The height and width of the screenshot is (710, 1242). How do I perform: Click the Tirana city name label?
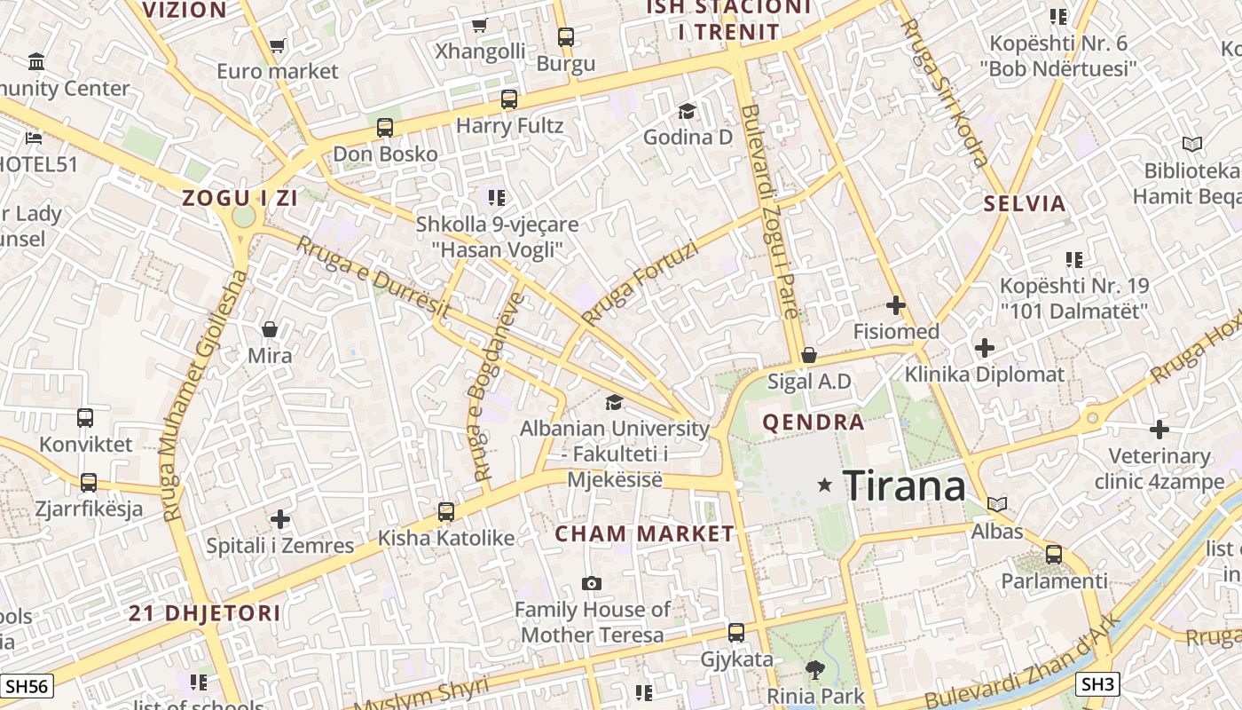point(903,485)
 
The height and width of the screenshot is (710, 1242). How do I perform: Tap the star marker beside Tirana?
point(825,485)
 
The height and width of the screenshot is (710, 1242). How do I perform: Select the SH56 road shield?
point(27,685)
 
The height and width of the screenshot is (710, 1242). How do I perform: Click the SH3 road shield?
point(1097,684)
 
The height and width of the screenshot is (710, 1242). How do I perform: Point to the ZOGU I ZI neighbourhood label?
point(240,198)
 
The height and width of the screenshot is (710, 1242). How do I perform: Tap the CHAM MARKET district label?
point(645,533)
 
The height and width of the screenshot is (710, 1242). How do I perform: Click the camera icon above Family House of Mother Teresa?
point(592,583)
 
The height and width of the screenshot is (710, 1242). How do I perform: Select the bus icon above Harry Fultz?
point(508,99)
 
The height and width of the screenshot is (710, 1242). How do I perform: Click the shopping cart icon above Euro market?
point(278,45)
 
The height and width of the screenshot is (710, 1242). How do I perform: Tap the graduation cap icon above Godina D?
point(687,111)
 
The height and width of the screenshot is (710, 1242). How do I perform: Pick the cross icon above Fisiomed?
point(896,306)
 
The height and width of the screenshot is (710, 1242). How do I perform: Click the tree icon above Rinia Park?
point(814,670)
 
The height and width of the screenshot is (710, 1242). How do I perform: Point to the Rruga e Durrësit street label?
point(373,278)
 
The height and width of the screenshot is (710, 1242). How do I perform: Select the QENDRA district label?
point(813,422)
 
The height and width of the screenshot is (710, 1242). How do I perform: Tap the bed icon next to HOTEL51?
point(34,138)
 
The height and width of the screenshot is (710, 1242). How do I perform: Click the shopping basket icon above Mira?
point(270,330)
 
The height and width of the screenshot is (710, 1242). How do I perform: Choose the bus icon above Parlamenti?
point(1054,555)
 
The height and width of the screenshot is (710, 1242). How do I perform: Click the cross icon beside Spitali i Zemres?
point(280,518)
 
